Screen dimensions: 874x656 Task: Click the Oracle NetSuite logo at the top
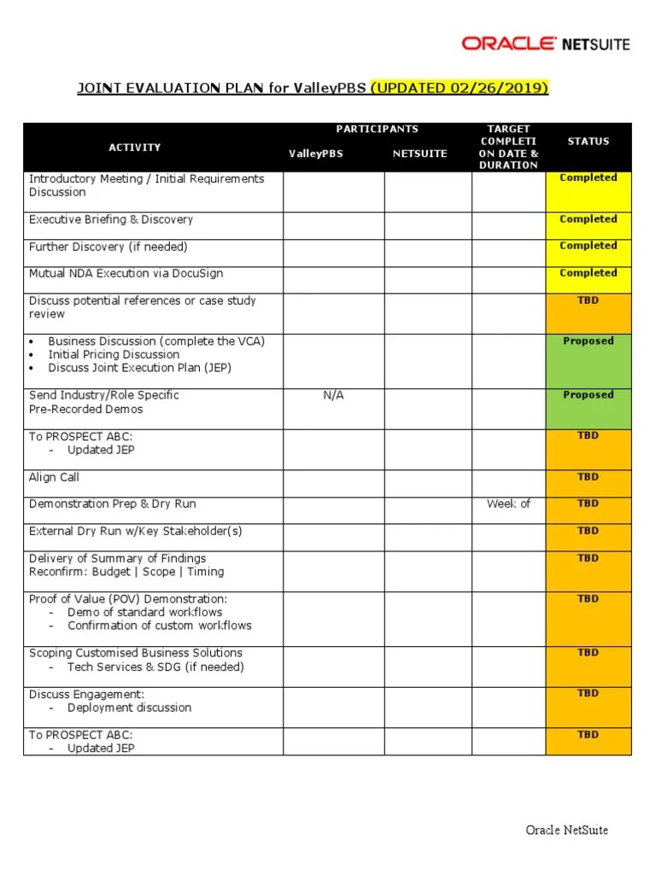545,43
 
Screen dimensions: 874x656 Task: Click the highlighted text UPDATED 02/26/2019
460,89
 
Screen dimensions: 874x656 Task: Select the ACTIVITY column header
135,148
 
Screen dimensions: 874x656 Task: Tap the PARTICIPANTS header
377,129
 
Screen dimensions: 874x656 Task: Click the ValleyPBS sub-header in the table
315,154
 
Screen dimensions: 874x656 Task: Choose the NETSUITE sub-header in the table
419,154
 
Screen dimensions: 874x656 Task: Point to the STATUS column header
588,141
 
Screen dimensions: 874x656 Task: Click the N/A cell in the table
333,395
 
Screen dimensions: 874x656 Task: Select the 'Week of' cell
508,504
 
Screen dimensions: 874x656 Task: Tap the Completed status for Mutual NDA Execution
588,273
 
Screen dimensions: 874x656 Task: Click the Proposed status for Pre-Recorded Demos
588,395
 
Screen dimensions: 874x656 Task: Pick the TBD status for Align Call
588,477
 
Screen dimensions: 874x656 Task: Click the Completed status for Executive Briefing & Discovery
588,219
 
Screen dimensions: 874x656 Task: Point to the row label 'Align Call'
54,477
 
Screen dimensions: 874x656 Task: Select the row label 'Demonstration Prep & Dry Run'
113,504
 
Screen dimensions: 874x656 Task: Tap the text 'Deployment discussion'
130,708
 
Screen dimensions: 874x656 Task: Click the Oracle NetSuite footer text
566,830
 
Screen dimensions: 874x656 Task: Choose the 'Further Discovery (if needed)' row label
108,247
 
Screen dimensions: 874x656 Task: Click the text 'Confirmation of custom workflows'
160,626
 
